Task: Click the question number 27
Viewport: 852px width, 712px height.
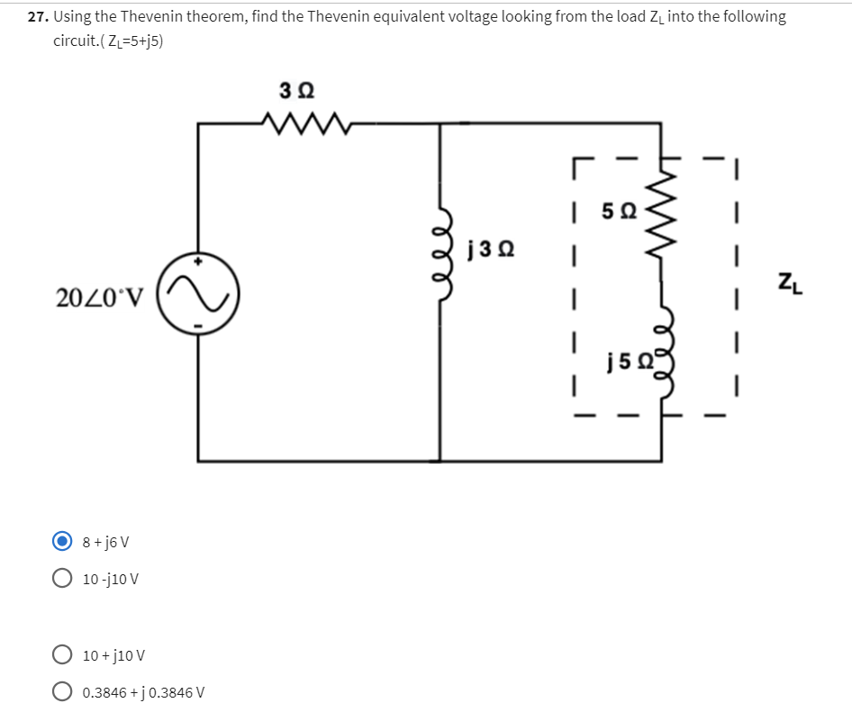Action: click(x=37, y=17)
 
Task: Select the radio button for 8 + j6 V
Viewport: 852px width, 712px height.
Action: click(x=62, y=542)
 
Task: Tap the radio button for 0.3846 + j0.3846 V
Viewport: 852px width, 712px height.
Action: click(x=62, y=692)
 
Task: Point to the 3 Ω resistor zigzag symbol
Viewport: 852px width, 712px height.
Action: click(x=296, y=122)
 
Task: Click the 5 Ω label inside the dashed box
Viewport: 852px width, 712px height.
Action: click(x=619, y=214)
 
